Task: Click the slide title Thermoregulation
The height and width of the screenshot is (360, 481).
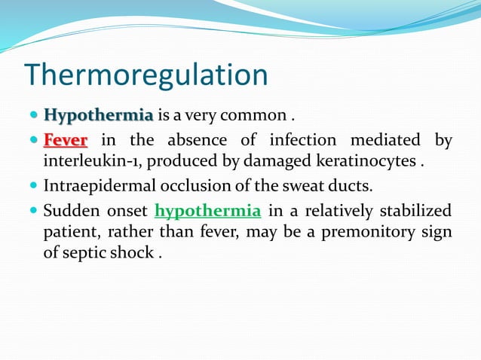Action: [x=146, y=75]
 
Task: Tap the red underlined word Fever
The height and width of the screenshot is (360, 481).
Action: [x=66, y=140]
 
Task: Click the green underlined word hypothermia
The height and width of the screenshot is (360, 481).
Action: [x=207, y=210]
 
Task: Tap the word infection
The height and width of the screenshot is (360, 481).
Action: [x=310, y=140]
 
